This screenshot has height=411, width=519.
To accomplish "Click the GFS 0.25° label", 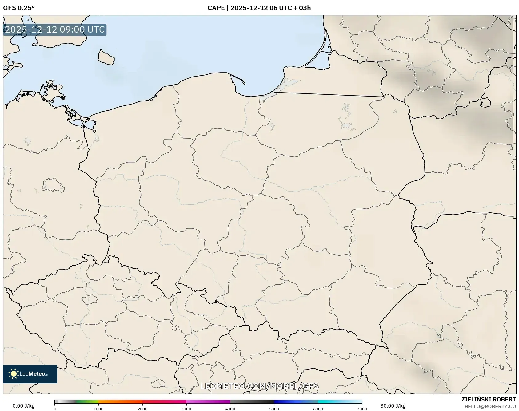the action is [19, 8].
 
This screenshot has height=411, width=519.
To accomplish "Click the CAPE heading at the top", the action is [259, 8].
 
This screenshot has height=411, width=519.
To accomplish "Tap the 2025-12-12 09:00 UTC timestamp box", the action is [55, 30].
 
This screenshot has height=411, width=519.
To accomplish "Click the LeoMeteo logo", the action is [30, 374].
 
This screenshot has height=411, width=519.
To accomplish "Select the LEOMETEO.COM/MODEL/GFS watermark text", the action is [259, 386].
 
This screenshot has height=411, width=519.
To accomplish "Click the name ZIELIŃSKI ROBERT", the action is [489, 399].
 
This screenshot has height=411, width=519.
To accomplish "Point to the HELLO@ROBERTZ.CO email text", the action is [490, 406].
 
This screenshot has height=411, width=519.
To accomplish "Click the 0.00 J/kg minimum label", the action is [23, 406].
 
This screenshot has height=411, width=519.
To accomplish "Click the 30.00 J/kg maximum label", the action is [393, 406].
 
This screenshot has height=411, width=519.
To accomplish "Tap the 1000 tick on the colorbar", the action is [98, 409].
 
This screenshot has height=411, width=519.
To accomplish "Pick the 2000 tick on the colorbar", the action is [142, 409].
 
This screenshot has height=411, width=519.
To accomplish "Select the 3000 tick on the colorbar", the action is [186, 409].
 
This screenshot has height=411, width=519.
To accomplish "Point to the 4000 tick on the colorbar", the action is [230, 409].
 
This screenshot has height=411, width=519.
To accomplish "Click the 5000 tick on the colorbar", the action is [274, 409].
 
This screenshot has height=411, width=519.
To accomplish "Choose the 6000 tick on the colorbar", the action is [318, 409].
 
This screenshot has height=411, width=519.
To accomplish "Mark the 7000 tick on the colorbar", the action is [362, 409].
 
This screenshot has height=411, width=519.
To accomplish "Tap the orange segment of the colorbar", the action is [120, 401].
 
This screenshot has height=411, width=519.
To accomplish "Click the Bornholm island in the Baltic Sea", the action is [106, 57].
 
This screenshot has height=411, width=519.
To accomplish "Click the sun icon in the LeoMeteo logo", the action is [14, 374].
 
